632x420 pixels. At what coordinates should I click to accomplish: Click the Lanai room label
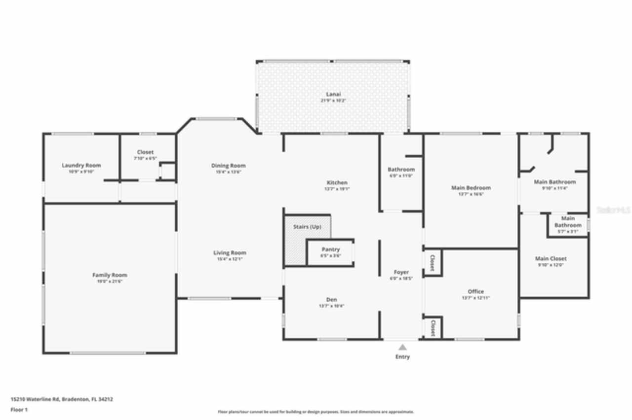(333, 94)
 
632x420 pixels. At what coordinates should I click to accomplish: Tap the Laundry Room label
(81, 166)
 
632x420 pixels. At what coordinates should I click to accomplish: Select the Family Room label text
(110, 275)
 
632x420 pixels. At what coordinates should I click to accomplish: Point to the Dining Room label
(228, 166)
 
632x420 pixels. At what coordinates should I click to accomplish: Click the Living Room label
(230, 253)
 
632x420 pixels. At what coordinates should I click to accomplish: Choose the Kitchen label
(337, 182)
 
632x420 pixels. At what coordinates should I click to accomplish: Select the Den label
(331, 300)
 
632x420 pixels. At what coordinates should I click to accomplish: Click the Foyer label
(401, 272)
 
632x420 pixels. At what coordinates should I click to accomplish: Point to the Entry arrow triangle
(402, 347)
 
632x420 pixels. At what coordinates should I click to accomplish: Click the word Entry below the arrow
(402, 357)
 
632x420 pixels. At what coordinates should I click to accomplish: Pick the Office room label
(475, 291)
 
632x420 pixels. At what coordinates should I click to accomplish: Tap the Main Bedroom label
(471, 188)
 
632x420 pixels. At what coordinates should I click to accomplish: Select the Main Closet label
(551, 258)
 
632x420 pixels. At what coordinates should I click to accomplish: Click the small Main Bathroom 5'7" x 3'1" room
(568, 225)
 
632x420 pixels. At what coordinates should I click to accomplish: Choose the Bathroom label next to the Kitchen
(401, 170)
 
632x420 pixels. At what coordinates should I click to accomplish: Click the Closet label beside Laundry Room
(145, 152)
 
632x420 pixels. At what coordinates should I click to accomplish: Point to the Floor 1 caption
(19, 410)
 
